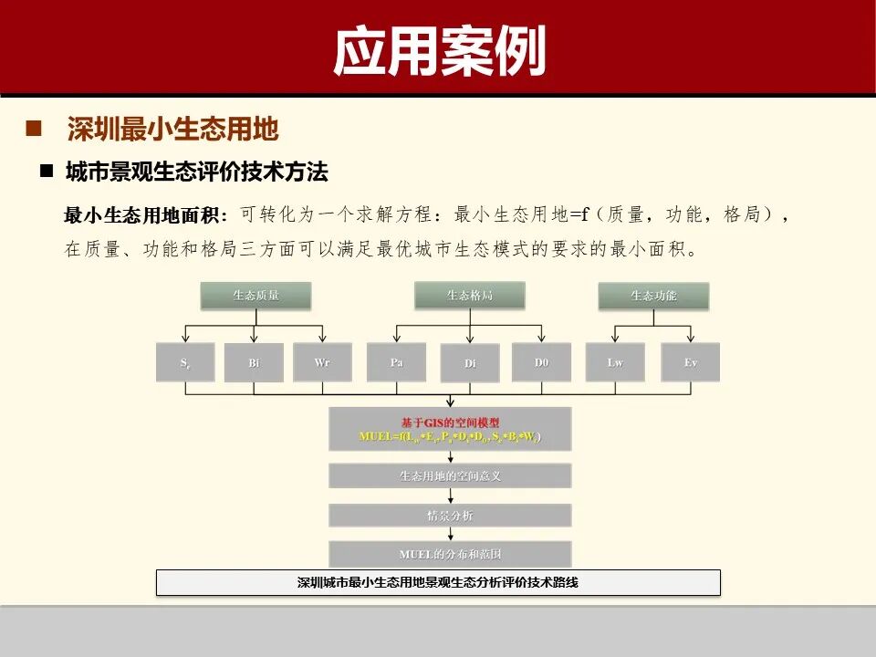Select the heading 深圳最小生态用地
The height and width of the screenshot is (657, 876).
click(x=172, y=129)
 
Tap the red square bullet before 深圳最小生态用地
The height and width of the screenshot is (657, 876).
click(x=35, y=128)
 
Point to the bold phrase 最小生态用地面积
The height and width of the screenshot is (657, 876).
click(x=141, y=215)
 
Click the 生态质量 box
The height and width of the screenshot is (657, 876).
click(x=255, y=296)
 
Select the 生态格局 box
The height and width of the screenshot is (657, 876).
click(x=470, y=295)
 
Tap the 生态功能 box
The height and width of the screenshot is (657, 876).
click(x=653, y=296)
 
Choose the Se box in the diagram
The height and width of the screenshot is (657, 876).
click(x=185, y=362)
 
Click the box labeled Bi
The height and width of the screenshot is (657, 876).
click(x=254, y=362)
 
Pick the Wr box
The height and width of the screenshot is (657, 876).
click(x=322, y=362)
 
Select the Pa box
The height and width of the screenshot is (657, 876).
click(x=396, y=362)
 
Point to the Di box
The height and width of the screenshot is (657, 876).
click(x=470, y=363)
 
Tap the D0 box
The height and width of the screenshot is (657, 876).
click(x=541, y=362)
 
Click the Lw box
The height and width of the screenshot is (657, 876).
click(x=615, y=362)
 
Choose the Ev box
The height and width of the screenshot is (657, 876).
click(x=690, y=362)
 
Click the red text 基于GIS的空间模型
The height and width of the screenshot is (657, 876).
click(x=450, y=422)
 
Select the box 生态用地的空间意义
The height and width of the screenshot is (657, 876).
click(x=450, y=475)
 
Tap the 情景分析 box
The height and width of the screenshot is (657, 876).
click(x=450, y=516)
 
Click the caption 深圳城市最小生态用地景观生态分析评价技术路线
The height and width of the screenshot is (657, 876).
click(x=438, y=582)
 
